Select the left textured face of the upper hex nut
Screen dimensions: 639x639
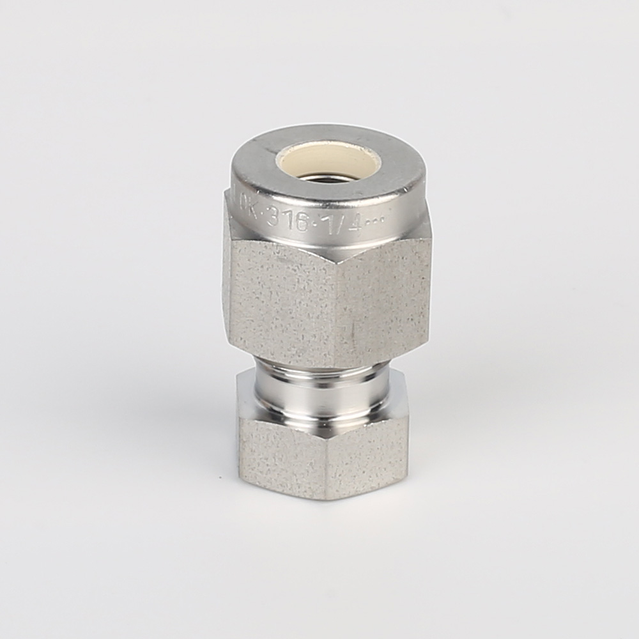[281, 300]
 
